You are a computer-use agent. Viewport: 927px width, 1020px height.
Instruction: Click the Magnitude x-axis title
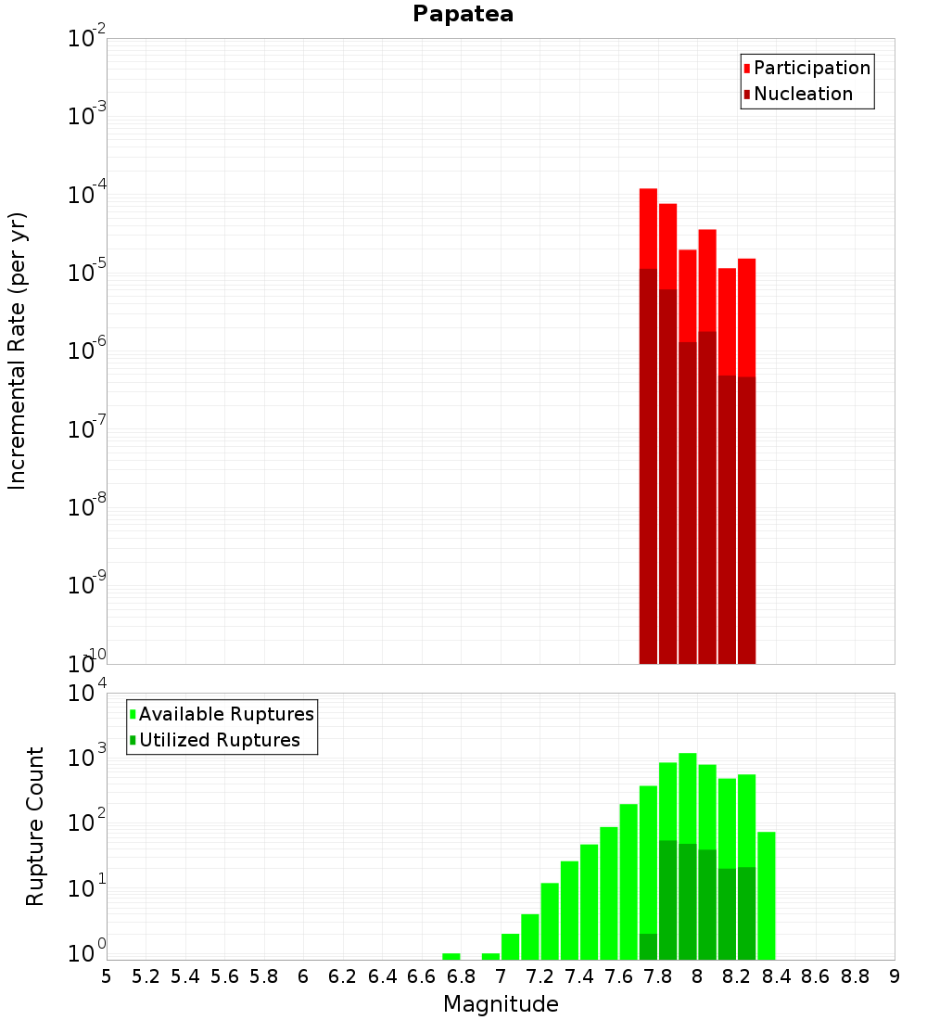[501, 1004]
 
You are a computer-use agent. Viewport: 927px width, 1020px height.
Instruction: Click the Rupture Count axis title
[35, 826]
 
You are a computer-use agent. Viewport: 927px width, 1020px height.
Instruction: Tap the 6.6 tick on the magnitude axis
[422, 976]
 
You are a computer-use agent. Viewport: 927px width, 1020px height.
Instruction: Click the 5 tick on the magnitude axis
[107, 976]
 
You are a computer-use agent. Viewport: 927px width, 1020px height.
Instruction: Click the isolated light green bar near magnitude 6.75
[451, 956]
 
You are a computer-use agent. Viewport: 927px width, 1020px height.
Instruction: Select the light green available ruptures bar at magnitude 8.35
[767, 896]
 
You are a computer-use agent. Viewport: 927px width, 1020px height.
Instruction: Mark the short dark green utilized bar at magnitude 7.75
[648, 947]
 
